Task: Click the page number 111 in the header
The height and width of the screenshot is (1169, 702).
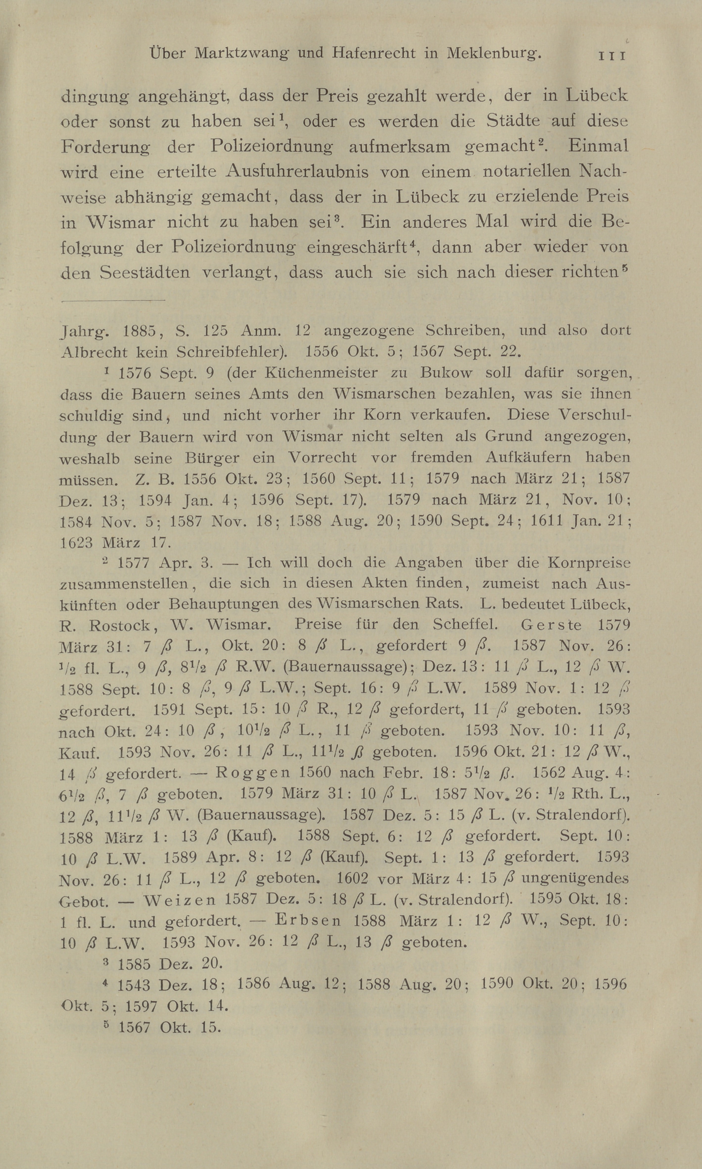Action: [612, 55]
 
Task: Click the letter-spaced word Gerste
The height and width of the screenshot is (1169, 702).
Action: [551, 625]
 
